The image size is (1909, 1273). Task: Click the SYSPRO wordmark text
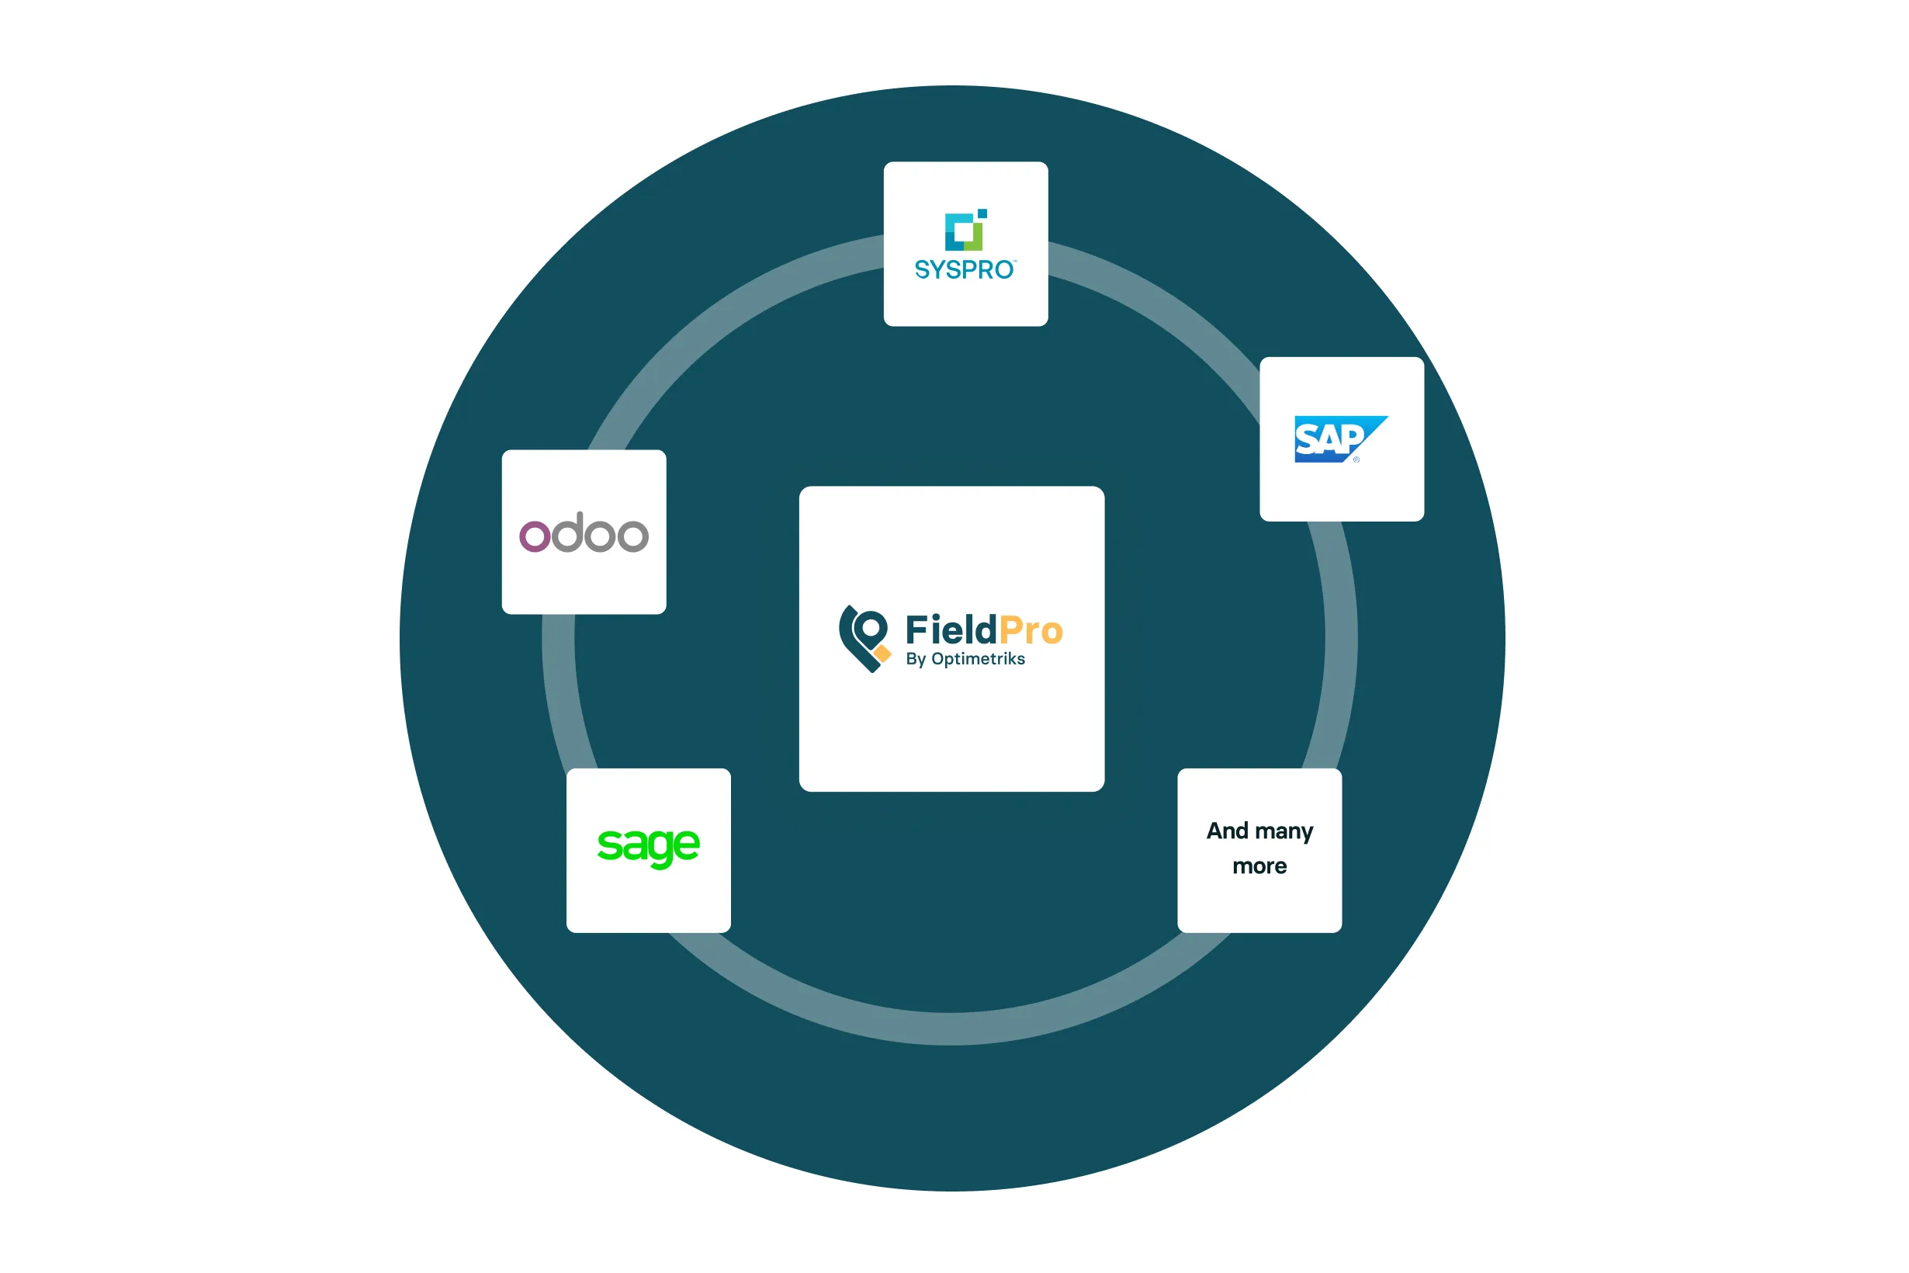pos(964,269)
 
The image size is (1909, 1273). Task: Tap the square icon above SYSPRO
pos(965,231)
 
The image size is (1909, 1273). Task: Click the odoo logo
pos(584,533)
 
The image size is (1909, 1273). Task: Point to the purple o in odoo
pos(535,536)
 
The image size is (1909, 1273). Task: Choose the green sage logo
pos(648,847)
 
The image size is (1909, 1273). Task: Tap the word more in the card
pos(1259,866)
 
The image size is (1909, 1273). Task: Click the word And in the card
pos(1226,831)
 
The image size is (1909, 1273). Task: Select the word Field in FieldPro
pos(951,630)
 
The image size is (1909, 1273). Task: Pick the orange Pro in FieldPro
pos(1030,631)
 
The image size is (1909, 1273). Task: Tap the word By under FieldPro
pos(916,659)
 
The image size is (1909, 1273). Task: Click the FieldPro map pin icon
pos(863,638)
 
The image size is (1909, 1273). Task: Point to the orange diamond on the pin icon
pos(882,654)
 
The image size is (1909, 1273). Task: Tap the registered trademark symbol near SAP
pos(1356,460)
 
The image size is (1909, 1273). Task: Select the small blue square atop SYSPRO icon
pos(982,213)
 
